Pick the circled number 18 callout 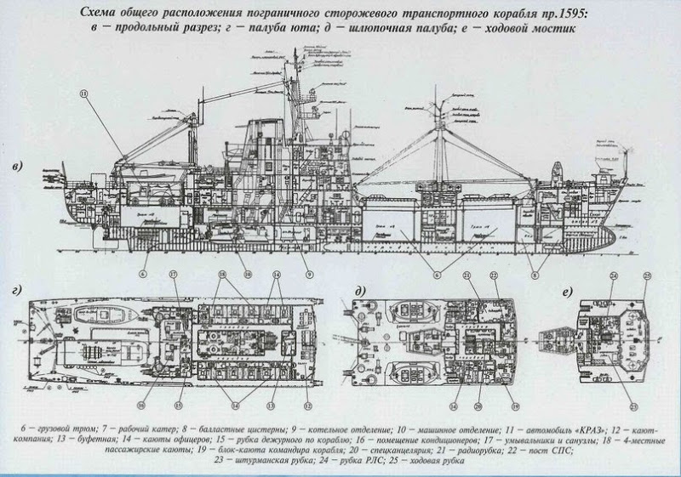point(221,277)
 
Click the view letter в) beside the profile point(18,164)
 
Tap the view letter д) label point(362,289)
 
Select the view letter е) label point(565,289)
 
